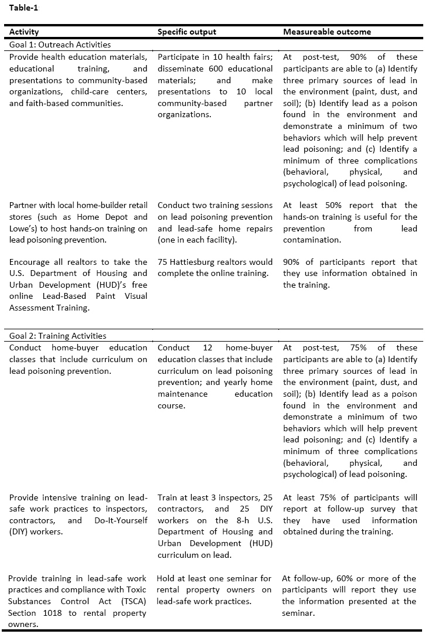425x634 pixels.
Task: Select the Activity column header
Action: tap(24, 32)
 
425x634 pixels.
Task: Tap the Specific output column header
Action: tap(186, 32)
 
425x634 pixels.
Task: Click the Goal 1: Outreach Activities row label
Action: tap(60, 45)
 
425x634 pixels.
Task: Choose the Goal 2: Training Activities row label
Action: tap(57, 336)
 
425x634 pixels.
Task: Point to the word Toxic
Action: tap(135, 590)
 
